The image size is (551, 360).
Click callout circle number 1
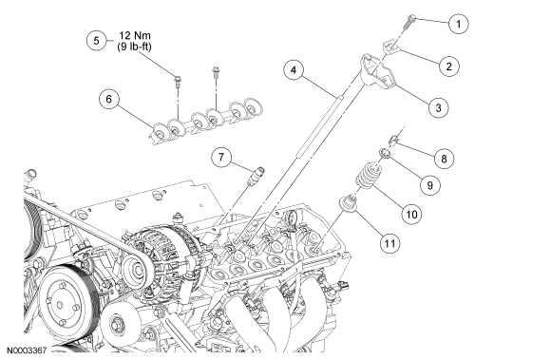tap(458, 24)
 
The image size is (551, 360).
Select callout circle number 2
tap(448, 66)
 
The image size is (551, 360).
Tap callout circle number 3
tap(438, 107)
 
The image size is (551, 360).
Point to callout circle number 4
tap(294, 70)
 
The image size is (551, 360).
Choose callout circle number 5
tap(97, 41)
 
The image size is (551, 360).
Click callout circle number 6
tap(109, 99)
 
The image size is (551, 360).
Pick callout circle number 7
tap(221, 157)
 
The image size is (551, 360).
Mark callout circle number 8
tap(444, 159)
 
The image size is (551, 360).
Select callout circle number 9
tap(430, 185)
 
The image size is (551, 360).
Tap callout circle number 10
tap(411, 214)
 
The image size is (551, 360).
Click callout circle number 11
tap(389, 243)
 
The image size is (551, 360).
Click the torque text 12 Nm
tap(135, 35)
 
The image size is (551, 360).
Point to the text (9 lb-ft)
tap(135, 47)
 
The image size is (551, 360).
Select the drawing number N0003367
tap(28, 351)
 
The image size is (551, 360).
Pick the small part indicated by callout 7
tap(256, 176)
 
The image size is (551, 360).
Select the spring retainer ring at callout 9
tap(385, 154)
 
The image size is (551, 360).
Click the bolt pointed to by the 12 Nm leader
tap(178, 81)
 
